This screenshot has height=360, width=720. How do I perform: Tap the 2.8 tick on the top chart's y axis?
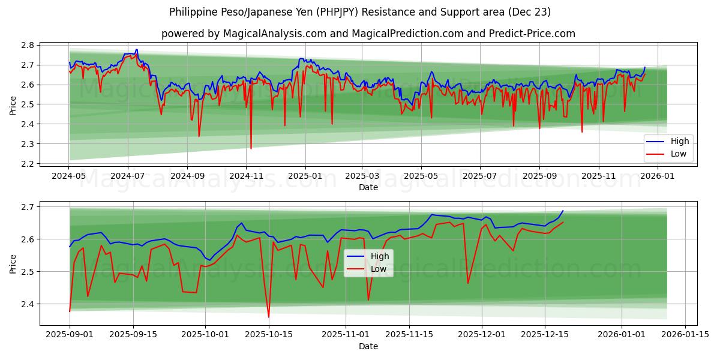pos(28,45)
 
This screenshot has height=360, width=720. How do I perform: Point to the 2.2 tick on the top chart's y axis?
pos(28,164)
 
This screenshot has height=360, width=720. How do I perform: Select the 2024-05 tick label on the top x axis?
pos(69,176)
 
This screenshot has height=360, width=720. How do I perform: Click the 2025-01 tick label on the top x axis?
pos(305,176)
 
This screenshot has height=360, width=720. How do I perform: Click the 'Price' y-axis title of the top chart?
pos(13,104)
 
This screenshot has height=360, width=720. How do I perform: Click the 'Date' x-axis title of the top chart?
pos(368,187)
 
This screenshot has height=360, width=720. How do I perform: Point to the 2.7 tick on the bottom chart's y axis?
pos(28,207)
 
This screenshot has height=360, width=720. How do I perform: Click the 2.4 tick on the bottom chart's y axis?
pos(28,304)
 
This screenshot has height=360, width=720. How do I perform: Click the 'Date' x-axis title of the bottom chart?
pos(368,346)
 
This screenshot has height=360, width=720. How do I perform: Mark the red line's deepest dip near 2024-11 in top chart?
pos(251,148)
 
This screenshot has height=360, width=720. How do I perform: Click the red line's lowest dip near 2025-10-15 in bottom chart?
pos(269,317)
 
